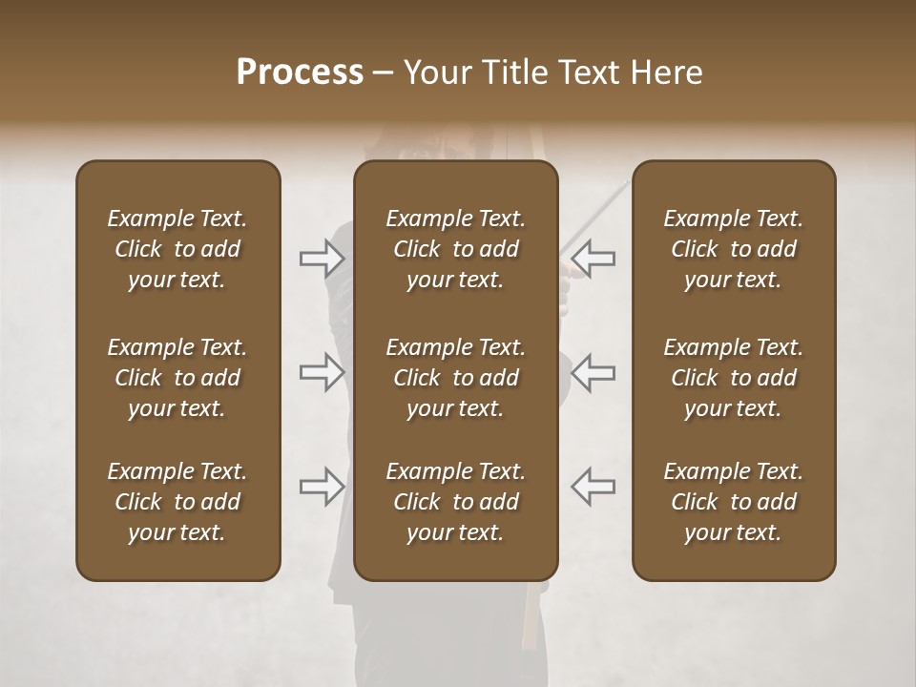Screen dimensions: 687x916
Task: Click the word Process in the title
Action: pos(300,73)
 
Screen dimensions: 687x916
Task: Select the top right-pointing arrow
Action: pos(322,259)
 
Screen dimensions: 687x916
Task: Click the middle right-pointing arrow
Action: pos(322,372)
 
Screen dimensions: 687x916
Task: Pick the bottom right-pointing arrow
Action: pos(322,487)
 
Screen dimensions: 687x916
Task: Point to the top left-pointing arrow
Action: pos(593,259)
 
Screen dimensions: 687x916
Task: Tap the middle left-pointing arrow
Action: pos(593,372)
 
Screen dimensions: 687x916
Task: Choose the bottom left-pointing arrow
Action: pos(593,487)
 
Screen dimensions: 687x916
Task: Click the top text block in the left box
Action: pos(177,249)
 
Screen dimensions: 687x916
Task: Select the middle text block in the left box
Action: pos(177,378)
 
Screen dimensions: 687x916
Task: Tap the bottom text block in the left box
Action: pos(177,502)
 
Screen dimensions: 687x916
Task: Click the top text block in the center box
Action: pos(455,249)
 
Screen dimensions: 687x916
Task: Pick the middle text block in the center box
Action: pos(455,378)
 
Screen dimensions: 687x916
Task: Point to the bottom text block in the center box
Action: pos(455,502)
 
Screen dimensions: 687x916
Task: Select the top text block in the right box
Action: pos(734,249)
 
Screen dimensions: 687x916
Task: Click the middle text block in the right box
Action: pos(734,378)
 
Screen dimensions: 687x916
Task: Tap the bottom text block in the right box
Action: pos(734,502)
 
